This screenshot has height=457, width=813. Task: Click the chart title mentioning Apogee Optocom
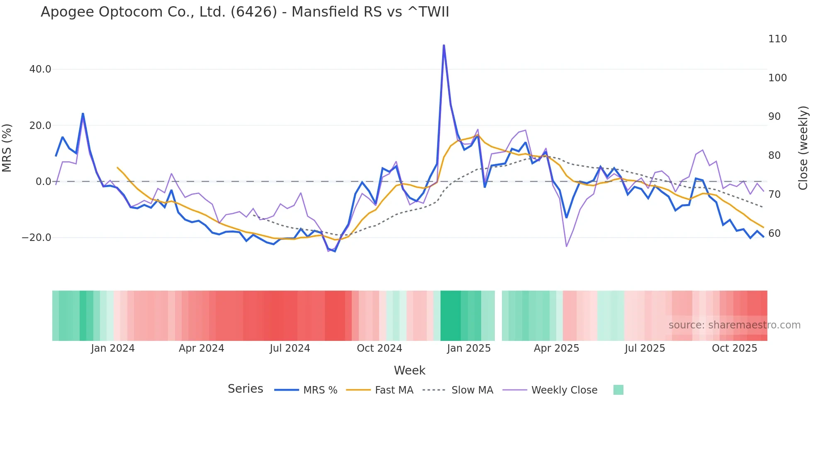coord(245,12)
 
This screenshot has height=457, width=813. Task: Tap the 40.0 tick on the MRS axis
coord(40,69)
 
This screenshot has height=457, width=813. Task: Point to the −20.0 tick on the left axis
coord(37,238)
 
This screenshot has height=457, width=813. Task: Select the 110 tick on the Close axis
coord(777,39)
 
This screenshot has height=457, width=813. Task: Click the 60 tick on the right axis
coord(774,233)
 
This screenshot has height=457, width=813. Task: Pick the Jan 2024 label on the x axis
coord(113,348)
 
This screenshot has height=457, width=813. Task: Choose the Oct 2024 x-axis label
coord(380,348)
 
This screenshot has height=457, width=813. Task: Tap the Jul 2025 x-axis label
coord(645,348)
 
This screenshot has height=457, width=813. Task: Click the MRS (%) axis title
coord(7,148)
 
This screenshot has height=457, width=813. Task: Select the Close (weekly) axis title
coord(803,148)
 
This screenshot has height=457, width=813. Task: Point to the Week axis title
coord(409,370)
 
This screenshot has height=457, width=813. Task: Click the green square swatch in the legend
coord(618,390)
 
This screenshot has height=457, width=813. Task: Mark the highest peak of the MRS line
coord(444,45)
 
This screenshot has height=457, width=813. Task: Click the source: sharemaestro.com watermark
coord(734,325)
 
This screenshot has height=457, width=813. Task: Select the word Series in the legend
coord(245,389)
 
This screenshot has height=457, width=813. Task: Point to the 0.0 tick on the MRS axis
coord(43,182)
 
